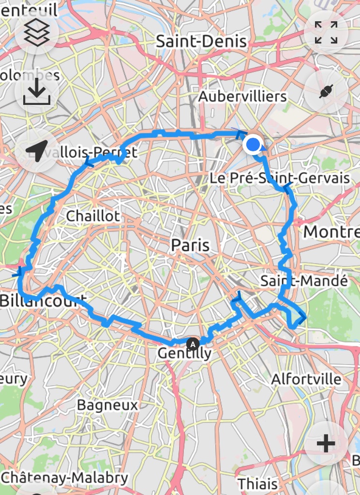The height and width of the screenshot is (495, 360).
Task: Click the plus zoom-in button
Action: point(326,443)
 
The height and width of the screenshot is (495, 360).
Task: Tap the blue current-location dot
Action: point(253,145)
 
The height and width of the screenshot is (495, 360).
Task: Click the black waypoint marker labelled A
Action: point(193,344)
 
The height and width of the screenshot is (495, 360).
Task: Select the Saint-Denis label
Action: point(201,42)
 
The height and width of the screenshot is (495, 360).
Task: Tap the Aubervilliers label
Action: point(242,97)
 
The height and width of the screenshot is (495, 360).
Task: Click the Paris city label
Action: point(191,245)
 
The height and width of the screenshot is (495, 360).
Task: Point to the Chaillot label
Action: point(93,216)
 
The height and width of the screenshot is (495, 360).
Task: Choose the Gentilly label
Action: point(185,354)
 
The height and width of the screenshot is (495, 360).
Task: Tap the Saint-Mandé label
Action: point(304,281)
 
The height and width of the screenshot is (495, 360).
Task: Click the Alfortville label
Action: point(306,379)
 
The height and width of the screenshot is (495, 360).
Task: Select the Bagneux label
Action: point(107,405)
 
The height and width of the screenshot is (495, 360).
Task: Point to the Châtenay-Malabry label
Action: point(65,478)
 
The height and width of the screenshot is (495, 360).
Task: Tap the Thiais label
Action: point(257,483)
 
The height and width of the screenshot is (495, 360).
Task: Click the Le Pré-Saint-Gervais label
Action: point(279,178)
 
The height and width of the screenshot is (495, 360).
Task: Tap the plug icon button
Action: point(326,91)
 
